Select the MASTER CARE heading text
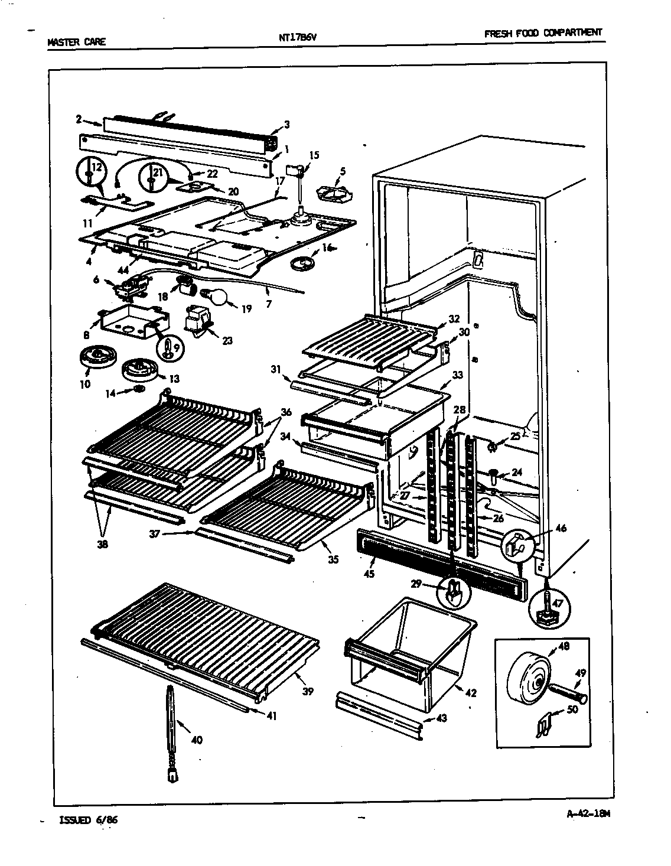point(76,42)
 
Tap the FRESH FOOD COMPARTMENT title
point(543,34)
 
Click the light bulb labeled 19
point(216,297)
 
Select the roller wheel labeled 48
point(531,677)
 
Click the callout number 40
point(197,740)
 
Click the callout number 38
point(103,545)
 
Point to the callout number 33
point(457,375)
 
